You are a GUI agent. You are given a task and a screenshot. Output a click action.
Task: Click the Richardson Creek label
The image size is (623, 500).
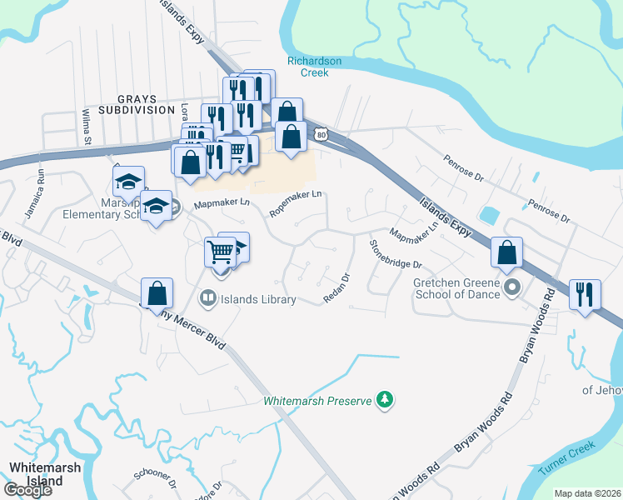pyautogui.click(x=315, y=67)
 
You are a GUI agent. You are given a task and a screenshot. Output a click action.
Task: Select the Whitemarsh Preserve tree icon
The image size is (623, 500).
pyautogui.click(x=383, y=400)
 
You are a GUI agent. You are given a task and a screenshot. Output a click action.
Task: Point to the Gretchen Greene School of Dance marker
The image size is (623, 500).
pyautogui.click(x=512, y=288)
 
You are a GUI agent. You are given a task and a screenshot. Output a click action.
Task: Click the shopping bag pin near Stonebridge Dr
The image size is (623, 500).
pyautogui.click(x=506, y=252)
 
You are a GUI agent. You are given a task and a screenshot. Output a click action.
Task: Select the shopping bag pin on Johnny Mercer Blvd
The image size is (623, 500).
pyautogui.click(x=157, y=293)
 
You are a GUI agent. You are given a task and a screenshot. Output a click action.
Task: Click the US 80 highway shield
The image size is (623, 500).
pyautogui.click(x=321, y=133)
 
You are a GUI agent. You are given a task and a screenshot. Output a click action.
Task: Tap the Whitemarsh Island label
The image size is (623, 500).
pyautogui.click(x=45, y=474)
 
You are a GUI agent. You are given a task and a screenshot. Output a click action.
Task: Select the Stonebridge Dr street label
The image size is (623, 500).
pyautogui.click(x=396, y=254)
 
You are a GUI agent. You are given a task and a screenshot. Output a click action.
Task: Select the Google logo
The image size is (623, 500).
pyautogui.click(x=27, y=490)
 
